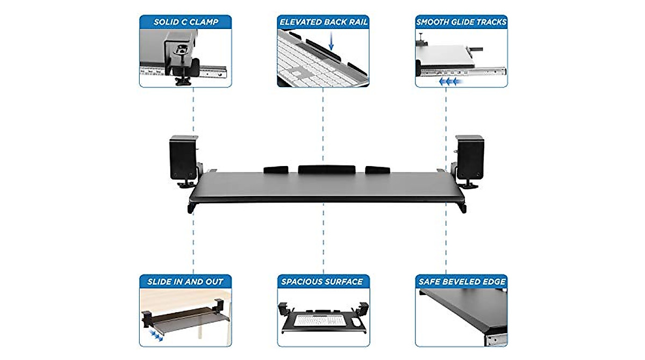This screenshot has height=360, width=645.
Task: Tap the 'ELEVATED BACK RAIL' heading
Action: point(323,22)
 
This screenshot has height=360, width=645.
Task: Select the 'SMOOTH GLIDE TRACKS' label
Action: point(461,22)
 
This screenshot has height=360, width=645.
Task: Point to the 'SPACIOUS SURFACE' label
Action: point(323,281)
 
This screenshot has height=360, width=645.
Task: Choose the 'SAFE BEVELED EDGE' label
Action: point(461,281)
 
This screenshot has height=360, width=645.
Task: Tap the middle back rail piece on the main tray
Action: point(327,169)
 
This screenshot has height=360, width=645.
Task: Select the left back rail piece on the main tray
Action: point(276,170)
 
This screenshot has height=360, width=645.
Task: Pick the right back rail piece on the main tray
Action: point(377,170)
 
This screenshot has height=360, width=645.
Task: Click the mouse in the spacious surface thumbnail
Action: point(355,322)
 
